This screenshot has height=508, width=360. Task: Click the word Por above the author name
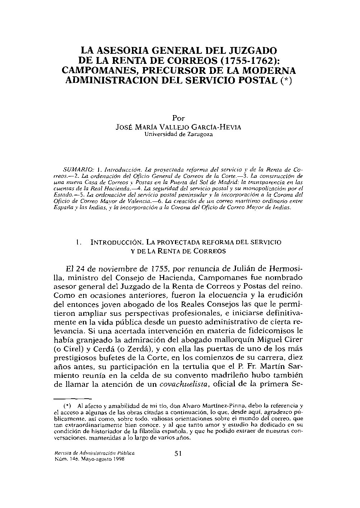point(178,118)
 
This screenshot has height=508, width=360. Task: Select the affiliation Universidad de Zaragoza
point(178,134)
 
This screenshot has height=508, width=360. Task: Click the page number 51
point(178,454)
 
